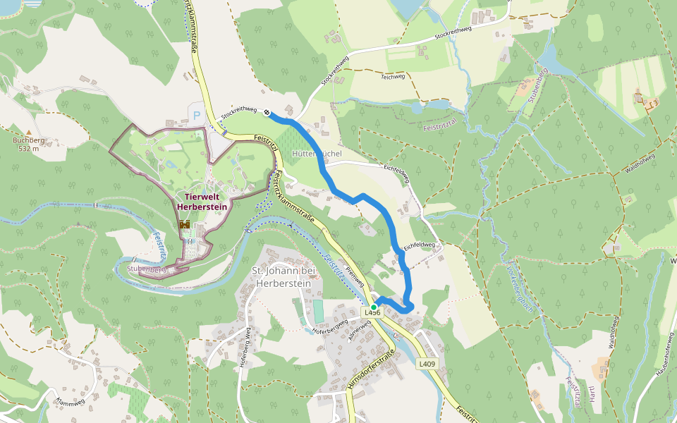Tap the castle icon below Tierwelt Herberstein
185,224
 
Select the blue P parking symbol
197,115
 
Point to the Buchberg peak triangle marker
29,132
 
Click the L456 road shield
372,312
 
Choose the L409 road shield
426,364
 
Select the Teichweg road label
392,76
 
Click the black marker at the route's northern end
267,113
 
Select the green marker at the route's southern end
374,307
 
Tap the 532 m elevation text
29,149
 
